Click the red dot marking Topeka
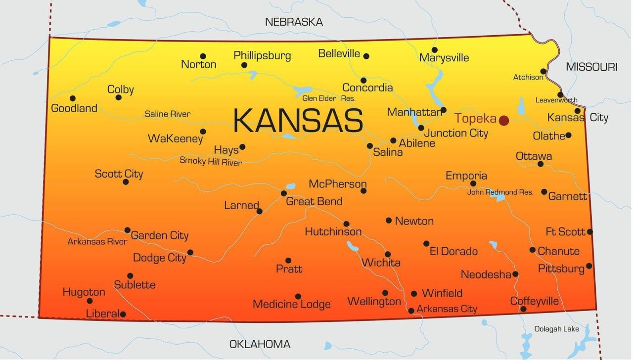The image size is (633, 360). coord(503,120)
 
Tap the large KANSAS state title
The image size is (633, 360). coord(298,121)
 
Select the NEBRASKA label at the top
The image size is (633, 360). coord(294,22)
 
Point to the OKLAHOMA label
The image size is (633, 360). coord(260,344)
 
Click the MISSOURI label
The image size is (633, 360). coord(591,67)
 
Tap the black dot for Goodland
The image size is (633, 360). coord(73,98)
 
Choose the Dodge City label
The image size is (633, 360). coord(159,258)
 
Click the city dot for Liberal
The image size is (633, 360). coord(123,314)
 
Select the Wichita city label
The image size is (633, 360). coord(381,263)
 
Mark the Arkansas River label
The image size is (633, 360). coord(97,242)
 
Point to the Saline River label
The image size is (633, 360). coord(167,114)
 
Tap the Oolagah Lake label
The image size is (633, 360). coord(556,329)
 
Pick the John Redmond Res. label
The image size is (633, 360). coord(500,192)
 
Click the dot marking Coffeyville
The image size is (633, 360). coord(523,309)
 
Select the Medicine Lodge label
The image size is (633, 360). coord(291,304)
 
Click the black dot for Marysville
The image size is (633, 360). coord(434,50)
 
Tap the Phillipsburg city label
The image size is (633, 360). coord(262,55)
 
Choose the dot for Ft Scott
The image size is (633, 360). coord(589,231)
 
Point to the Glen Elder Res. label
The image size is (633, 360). coord(328,98)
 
